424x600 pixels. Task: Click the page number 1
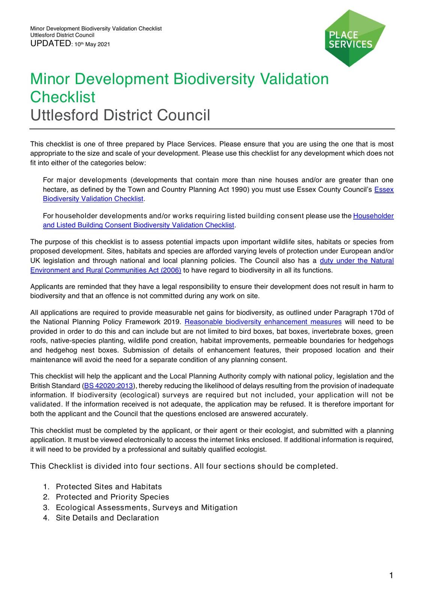[x=391, y=576]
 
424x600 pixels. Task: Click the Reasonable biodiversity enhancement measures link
[x=263, y=322]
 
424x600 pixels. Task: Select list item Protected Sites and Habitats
[x=109, y=487]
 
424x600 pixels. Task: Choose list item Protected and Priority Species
[x=112, y=497]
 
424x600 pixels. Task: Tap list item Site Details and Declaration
[x=107, y=518]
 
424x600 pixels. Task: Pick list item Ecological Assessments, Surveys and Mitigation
[x=146, y=507]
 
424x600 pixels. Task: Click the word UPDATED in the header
[x=50, y=43]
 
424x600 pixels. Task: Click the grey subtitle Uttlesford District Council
[x=120, y=115]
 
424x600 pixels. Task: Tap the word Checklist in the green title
[x=63, y=97]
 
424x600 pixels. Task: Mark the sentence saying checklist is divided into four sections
[x=184, y=466]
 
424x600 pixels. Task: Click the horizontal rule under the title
[x=212, y=129]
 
